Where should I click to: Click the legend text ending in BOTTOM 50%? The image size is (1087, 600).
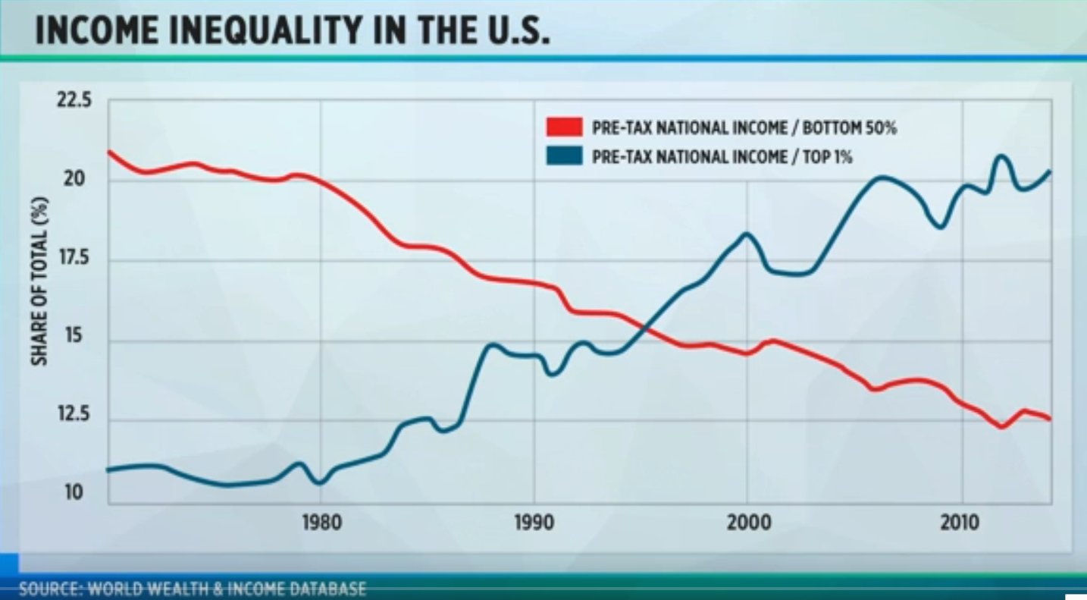click(x=744, y=127)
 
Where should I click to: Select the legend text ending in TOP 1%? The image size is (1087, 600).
click(x=722, y=157)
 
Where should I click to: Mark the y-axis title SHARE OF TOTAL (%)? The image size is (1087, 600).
click(x=39, y=280)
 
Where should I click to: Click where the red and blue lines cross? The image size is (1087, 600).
click(x=642, y=328)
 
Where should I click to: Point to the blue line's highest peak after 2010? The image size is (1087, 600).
click(x=1001, y=157)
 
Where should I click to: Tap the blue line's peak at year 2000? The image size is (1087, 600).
click(x=747, y=234)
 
